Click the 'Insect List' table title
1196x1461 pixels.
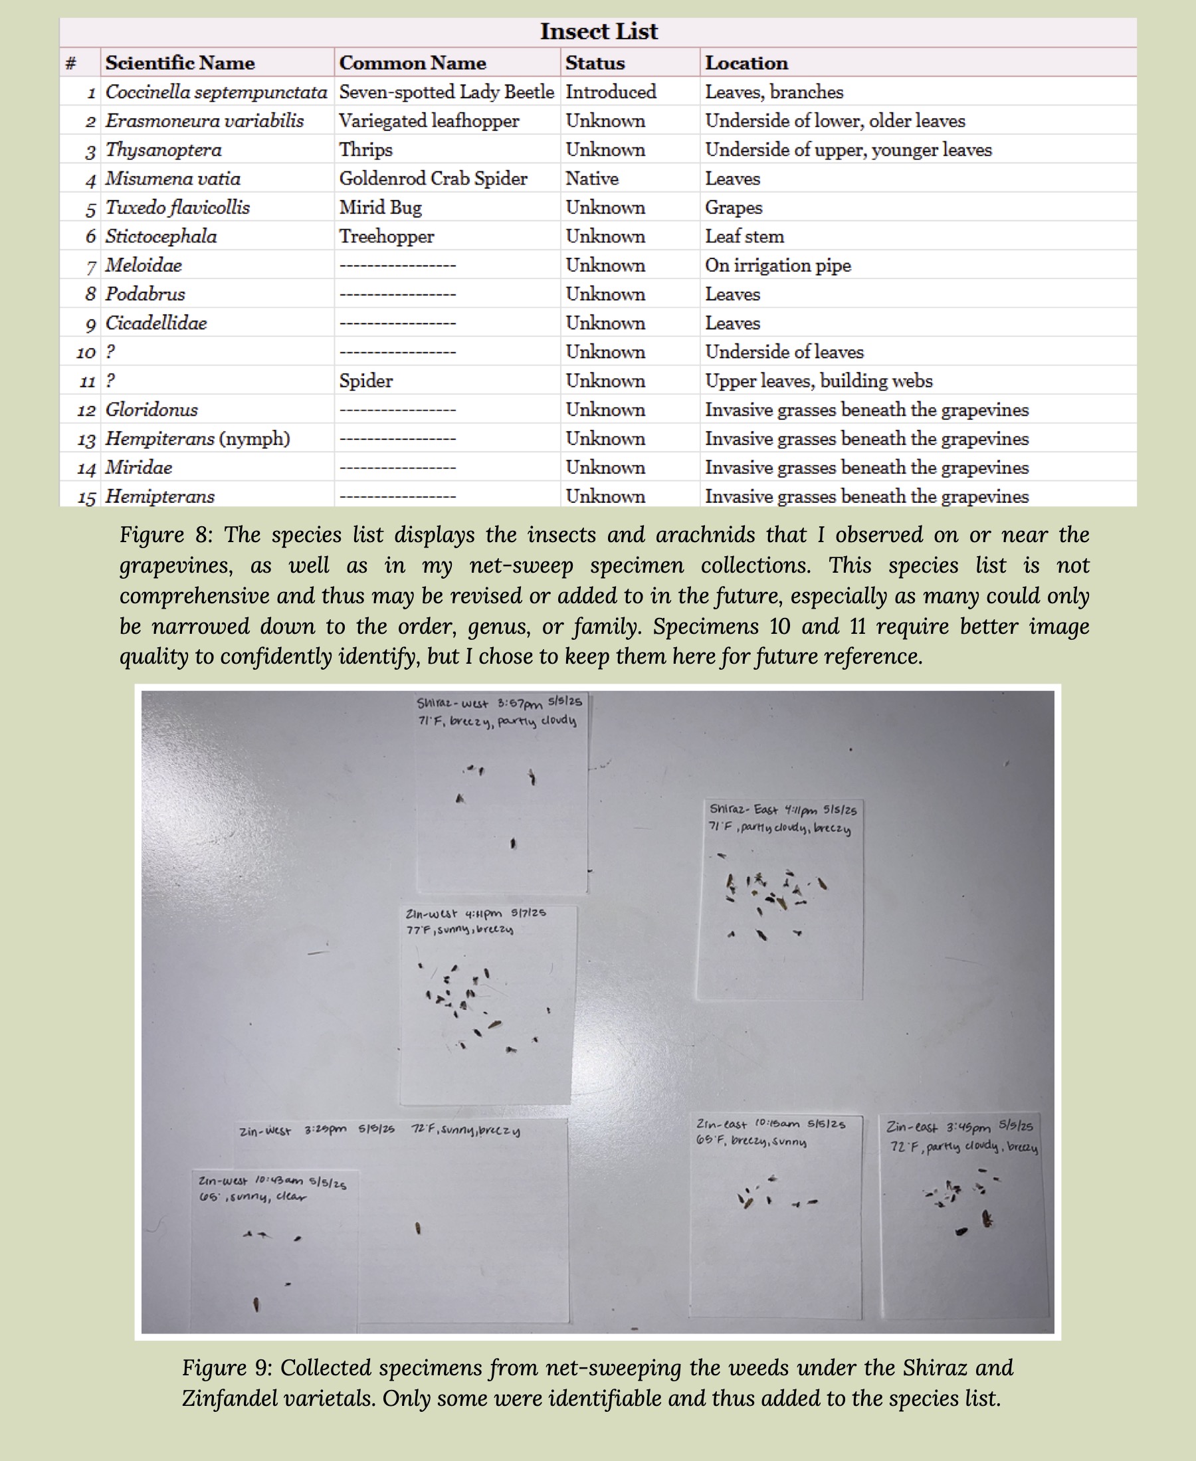[598, 32]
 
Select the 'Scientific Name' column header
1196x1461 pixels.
[180, 62]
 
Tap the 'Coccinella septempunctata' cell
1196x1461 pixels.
[216, 92]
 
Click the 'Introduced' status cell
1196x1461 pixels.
[611, 92]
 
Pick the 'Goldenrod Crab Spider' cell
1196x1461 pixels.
[433, 179]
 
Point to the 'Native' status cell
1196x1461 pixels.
[592, 179]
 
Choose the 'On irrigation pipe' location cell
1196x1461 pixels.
[778, 265]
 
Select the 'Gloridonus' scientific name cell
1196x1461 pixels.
[151, 410]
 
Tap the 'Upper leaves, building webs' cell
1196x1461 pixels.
[819, 381]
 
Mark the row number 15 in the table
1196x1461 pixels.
[86, 497]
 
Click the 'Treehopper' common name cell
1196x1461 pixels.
[386, 237]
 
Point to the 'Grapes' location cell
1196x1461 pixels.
[733, 207]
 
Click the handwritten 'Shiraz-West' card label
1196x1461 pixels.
[452, 704]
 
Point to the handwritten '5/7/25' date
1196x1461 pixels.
[528, 913]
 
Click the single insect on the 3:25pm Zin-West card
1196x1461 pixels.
[418, 1228]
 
